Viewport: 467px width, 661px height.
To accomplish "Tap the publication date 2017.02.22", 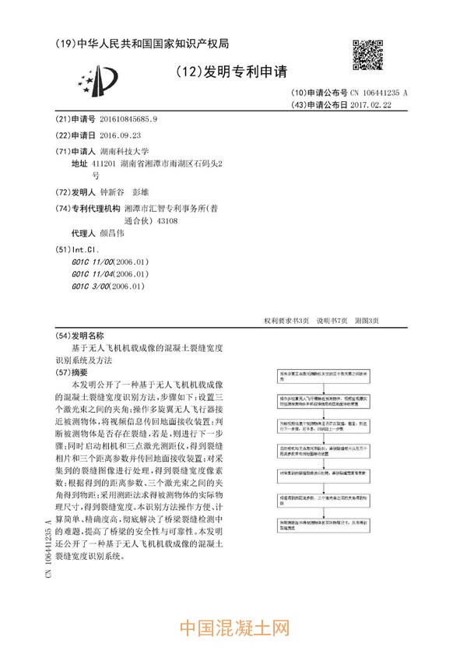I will point(370,104).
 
